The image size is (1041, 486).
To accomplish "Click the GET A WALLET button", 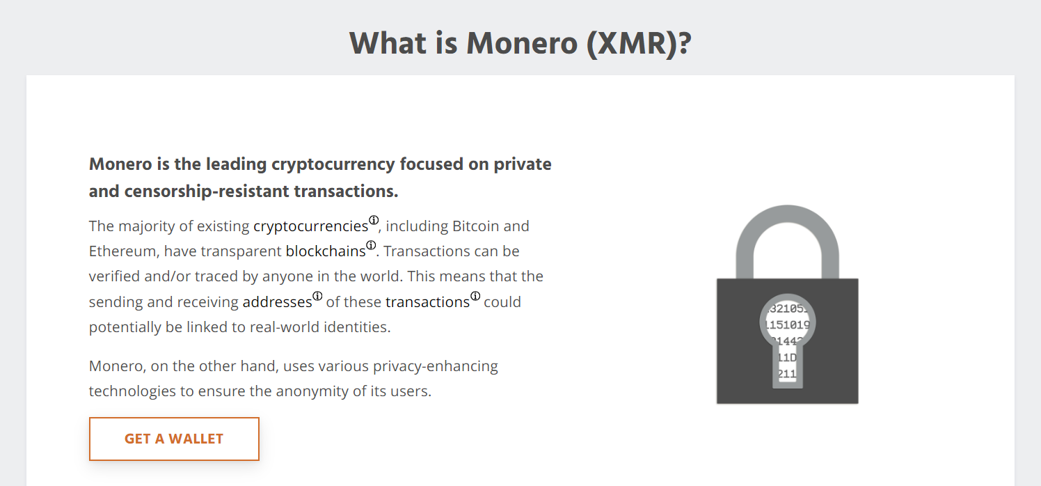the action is pos(174,439).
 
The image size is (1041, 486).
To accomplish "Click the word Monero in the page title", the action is pos(522,43).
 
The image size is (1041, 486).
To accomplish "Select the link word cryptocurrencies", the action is pos(310,226).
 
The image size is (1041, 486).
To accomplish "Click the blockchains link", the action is pos(326,251).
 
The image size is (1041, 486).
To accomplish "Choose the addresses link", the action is pos(277,301).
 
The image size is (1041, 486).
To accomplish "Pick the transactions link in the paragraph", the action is pos(427,301).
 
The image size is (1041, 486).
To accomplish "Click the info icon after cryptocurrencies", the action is pos(374,220).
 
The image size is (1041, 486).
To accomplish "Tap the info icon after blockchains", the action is pos(371,245).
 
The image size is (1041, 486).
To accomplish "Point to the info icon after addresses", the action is pos(317,296).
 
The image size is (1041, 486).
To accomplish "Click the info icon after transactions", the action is pos(475,296).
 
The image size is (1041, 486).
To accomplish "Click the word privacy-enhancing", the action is pos(435,366).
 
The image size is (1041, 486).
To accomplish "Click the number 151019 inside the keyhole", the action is pos(787,324).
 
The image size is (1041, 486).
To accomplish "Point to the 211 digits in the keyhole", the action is pos(787,373).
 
